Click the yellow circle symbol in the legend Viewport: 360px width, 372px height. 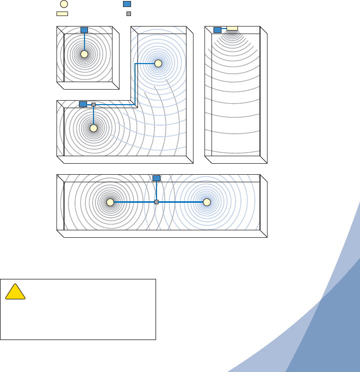click(57, 4)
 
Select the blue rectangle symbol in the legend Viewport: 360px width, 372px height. click(127, 4)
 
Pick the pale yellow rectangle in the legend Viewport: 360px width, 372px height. click(62, 14)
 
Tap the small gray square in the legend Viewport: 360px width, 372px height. click(128, 14)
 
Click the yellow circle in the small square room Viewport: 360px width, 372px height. click(84, 54)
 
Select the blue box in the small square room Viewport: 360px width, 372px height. click(84, 30)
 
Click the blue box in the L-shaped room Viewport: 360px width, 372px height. click(83, 104)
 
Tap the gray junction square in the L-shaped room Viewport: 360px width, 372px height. click(93, 105)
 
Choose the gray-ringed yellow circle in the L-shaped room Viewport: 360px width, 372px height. click(93, 128)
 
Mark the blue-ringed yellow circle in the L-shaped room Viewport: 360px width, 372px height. click(158, 64)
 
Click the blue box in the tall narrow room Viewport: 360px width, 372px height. click(217, 30)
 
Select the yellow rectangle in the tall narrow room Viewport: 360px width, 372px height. click(232, 28)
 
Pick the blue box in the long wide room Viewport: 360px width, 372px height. click(156, 178)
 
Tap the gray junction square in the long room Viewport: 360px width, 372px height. click(156, 202)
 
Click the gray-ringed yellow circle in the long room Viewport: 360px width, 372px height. click(110, 202)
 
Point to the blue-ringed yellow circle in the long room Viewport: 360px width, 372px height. click(206, 202)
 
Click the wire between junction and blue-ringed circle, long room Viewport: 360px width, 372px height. click(181, 202)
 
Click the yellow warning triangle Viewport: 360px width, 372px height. click(15, 292)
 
